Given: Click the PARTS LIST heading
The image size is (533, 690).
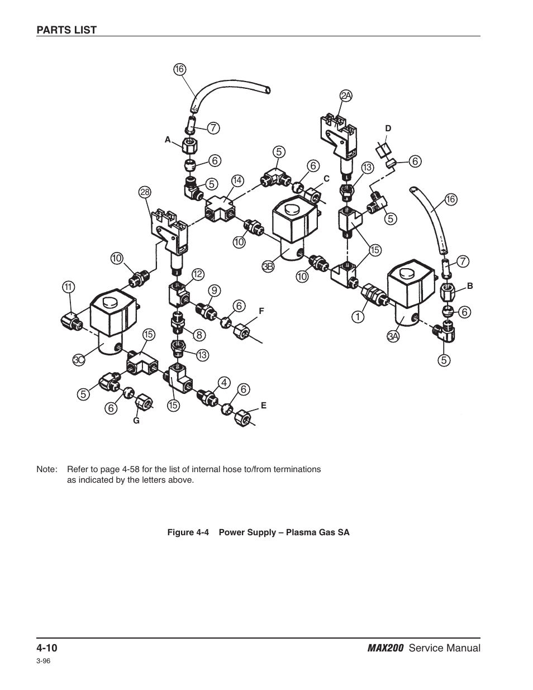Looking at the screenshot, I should pyautogui.click(x=66, y=30).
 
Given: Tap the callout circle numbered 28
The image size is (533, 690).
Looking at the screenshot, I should pyautogui.click(x=145, y=192).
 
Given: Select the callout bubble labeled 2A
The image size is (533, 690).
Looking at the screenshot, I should pyautogui.click(x=346, y=96).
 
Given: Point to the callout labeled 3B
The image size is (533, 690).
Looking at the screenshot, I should pyautogui.click(x=268, y=268).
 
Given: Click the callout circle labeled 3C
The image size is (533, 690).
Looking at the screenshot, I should pyautogui.click(x=79, y=360).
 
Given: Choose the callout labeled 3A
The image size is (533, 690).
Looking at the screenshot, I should pyautogui.click(x=393, y=336).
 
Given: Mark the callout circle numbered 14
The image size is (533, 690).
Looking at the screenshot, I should pyautogui.click(x=238, y=180).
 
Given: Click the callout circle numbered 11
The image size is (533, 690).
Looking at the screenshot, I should pyautogui.click(x=68, y=287).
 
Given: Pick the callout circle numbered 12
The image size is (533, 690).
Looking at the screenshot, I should pyautogui.click(x=198, y=274).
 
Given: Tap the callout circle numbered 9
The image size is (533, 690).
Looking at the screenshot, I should pyautogui.click(x=214, y=290).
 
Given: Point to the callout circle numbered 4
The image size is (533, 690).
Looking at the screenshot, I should pyautogui.click(x=224, y=383).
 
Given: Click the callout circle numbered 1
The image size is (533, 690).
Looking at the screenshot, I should pyautogui.click(x=358, y=317).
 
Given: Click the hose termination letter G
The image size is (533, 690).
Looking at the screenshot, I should pyautogui.click(x=135, y=420).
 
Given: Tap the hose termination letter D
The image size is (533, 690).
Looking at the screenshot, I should pyautogui.click(x=388, y=129).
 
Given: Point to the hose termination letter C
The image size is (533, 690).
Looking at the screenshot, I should pyautogui.click(x=327, y=178).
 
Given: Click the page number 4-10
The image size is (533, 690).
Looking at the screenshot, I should pyautogui.click(x=47, y=648).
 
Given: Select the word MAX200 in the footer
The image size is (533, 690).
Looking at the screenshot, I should pyautogui.click(x=386, y=648).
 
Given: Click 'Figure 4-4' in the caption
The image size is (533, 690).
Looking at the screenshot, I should pyautogui.click(x=188, y=532).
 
